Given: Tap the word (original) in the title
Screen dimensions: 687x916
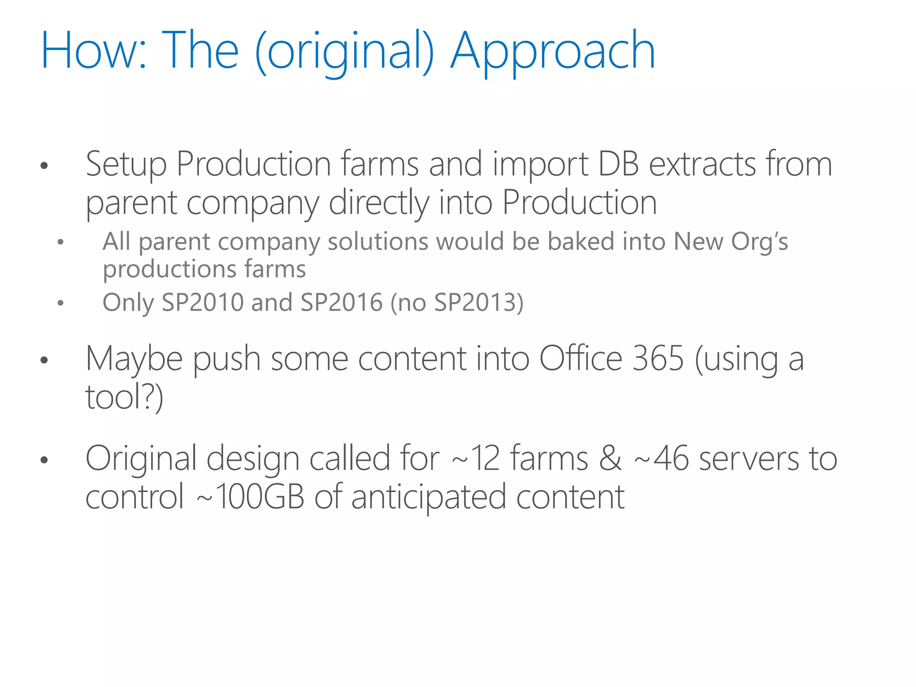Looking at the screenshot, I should pos(344,51).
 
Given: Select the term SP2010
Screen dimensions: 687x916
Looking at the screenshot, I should pos(203,302).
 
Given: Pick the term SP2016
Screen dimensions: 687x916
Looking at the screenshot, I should pos(341,302).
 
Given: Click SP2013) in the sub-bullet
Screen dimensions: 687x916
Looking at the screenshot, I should pos(479,302).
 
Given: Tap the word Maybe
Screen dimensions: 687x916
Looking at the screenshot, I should pos(134,359).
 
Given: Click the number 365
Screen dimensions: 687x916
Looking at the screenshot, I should pos(658,358).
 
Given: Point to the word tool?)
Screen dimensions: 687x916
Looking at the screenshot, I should pos(124,397).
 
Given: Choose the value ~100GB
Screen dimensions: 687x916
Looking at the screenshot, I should pos(250,497).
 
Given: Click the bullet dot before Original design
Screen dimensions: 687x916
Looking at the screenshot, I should pos(44,460).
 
